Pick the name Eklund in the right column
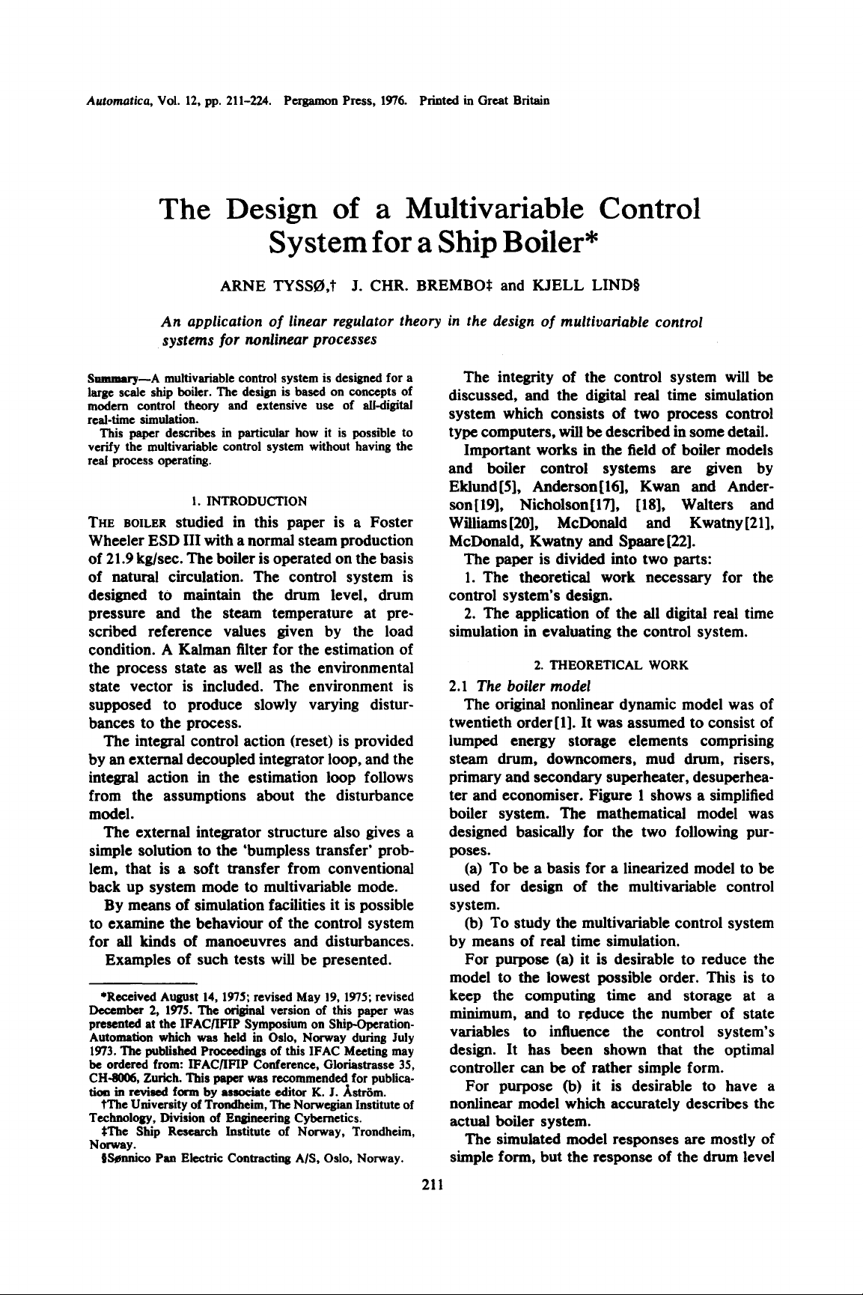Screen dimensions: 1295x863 click(475, 487)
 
